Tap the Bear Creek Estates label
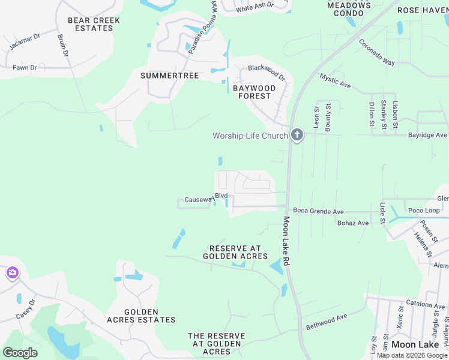(94, 24)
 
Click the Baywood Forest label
(254, 92)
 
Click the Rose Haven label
(423, 10)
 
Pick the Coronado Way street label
(376, 52)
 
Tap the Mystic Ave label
(335, 81)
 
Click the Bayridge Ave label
(427, 136)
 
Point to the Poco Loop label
(424, 211)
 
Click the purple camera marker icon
(12, 274)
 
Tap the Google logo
(20, 352)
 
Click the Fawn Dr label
(25, 68)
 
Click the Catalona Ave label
(425, 305)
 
